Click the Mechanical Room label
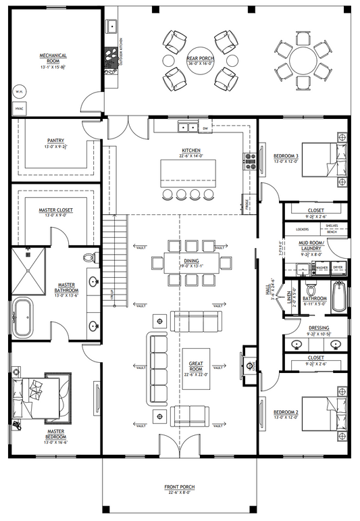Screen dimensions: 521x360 [51, 58]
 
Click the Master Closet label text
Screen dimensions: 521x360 [55, 210]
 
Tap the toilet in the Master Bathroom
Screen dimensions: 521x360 [88, 259]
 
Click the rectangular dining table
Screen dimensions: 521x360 [191, 263]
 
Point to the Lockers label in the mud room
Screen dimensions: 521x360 [302, 230]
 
